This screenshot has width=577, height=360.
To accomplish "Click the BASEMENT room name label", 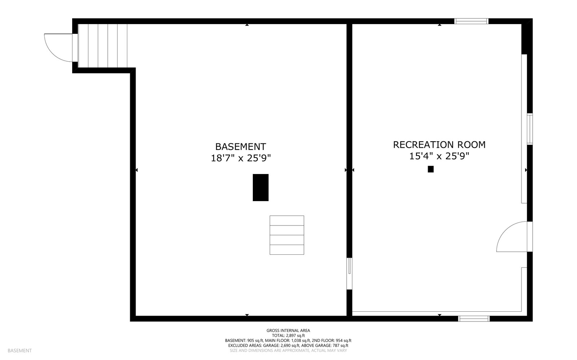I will (241, 147).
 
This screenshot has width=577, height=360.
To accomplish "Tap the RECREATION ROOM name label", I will (439, 145).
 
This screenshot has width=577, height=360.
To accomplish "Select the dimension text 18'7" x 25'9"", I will (241, 158).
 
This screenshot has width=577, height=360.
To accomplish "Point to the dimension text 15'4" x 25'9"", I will (439, 156).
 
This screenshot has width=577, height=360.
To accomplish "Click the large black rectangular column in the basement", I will (260, 187).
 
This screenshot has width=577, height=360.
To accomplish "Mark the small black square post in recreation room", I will (431, 169).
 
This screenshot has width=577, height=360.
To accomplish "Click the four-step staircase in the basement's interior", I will (287, 235).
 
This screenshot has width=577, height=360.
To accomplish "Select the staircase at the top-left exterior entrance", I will (103, 46).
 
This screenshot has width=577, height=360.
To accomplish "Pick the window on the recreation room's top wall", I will (471, 21).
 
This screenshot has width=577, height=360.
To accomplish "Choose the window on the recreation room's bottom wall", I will (474, 319).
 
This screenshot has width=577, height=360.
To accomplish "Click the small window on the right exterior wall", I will (529, 129).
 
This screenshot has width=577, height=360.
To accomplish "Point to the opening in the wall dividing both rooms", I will (349, 273).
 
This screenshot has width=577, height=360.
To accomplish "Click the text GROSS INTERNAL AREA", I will (288, 330).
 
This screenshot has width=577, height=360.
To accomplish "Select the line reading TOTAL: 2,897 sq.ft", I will (288, 335).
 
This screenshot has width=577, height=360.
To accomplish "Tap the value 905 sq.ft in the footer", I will (255, 341).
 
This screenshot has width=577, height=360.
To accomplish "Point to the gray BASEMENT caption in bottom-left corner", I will (19, 351).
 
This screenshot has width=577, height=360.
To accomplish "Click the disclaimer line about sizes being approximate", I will (288, 350).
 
